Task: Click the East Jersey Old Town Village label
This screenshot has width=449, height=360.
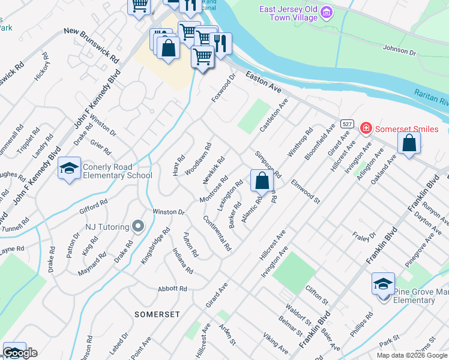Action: [x=289, y=13]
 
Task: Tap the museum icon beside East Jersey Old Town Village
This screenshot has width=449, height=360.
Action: [x=327, y=11]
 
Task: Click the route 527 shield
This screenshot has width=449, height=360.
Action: [x=346, y=124]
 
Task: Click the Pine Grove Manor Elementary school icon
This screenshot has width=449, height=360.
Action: [x=383, y=284]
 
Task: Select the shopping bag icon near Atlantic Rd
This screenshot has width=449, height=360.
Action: [x=262, y=180]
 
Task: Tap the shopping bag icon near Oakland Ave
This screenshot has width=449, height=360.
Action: [x=409, y=143]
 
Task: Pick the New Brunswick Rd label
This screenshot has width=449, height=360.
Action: [x=91, y=46]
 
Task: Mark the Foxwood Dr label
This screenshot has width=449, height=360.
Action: [x=224, y=88]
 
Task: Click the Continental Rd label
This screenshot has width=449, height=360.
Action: [x=217, y=233]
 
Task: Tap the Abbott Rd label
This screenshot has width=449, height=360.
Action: [x=172, y=289]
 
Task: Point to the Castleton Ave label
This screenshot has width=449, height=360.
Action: [x=274, y=116]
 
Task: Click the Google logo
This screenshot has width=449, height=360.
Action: [x=20, y=353]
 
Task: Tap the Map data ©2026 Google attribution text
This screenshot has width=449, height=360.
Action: [x=411, y=355]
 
